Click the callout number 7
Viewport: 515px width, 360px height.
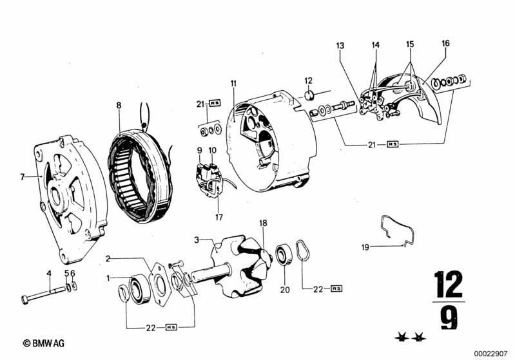(23, 177)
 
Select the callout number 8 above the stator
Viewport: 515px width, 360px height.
(119, 106)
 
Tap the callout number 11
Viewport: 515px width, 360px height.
(233, 83)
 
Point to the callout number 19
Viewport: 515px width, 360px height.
(365, 247)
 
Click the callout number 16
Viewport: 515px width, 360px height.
(445, 43)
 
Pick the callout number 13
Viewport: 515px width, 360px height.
(340, 45)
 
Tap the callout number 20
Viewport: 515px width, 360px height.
(285, 290)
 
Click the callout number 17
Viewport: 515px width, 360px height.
(219, 217)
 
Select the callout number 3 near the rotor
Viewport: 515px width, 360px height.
(197, 240)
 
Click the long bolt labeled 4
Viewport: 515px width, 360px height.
(44, 294)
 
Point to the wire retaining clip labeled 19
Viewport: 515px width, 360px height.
(398, 230)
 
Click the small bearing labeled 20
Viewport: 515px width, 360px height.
(283, 254)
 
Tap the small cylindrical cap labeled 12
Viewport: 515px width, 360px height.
(309, 96)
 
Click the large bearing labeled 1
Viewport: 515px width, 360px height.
(140, 289)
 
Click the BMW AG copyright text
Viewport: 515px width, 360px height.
(44, 343)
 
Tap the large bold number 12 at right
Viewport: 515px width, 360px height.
(449, 284)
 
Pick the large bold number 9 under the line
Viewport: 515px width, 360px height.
(449, 317)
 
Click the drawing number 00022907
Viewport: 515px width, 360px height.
(491, 354)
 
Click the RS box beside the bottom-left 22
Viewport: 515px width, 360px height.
(171, 327)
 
